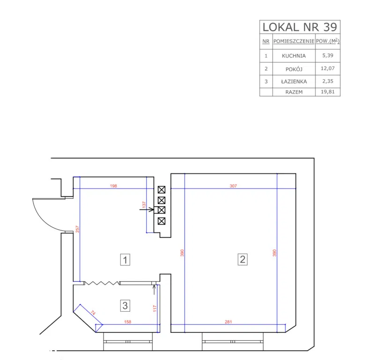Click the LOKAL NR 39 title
click(x=300, y=27)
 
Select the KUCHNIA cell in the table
click(x=293, y=56)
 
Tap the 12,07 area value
click(x=328, y=68)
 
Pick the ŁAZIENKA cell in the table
click(x=294, y=82)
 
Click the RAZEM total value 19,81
click(x=328, y=92)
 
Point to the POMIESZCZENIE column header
click(x=293, y=41)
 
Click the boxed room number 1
click(x=125, y=260)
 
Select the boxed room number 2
click(x=243, y=259)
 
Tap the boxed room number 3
click(x=125, y=306)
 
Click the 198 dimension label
click(x=113, y=186)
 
